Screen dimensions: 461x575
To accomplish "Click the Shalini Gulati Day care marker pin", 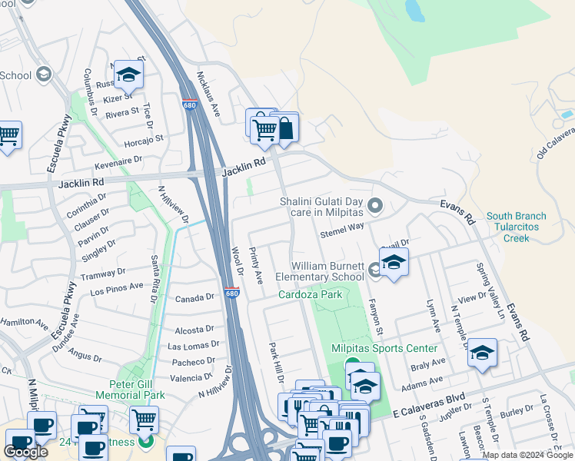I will point(375,205).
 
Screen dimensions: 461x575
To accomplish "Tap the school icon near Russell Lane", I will point(129,75).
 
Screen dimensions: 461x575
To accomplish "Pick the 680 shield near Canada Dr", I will point(232,294).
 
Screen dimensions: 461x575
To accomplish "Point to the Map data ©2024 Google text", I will point(527,455).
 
